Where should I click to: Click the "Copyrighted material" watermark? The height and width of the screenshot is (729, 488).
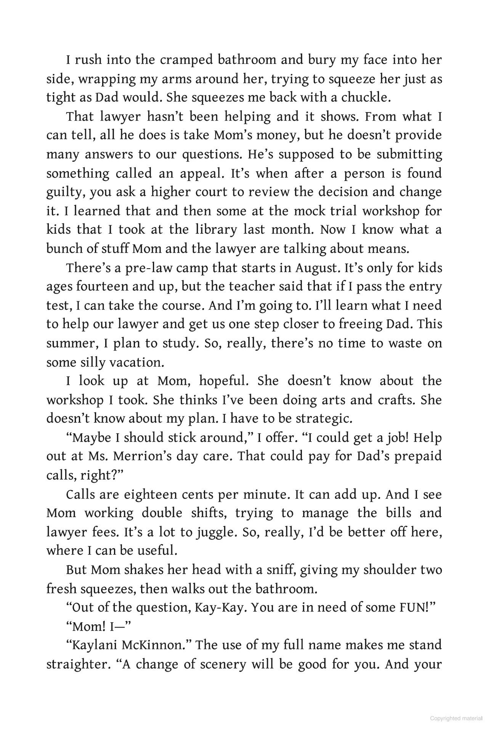pos(456,718)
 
